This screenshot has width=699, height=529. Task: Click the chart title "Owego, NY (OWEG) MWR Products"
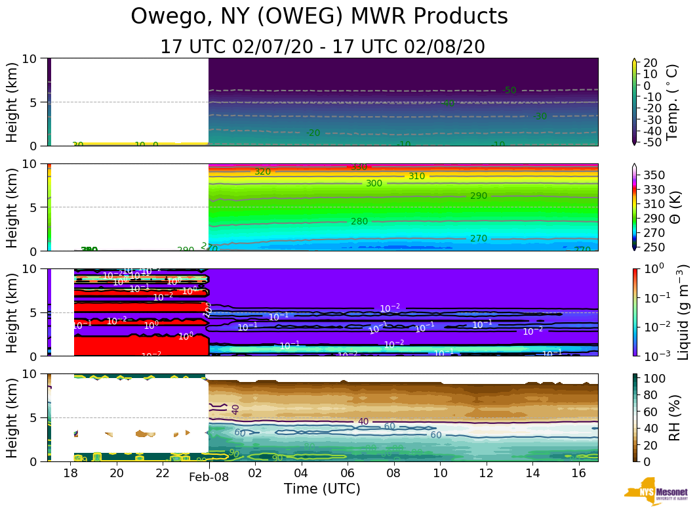tap(319, 16)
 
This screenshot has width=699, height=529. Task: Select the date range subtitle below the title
tap(323, 47)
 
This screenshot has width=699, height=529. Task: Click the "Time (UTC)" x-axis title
tap(322, 489)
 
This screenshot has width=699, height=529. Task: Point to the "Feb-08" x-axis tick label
tap(209, 477)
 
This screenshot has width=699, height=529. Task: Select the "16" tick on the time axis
tap(579, 473)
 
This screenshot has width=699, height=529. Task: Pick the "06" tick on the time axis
tap(348, 473)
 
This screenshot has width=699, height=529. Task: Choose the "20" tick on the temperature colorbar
tap(651, 63)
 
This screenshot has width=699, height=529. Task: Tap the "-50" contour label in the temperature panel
tap(509, 90)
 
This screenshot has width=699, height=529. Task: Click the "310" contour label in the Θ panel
tap(417, 176)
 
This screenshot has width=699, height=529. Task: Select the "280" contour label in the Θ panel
tap(359, 221)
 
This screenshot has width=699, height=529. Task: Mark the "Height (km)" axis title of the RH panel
tap(12, 417)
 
